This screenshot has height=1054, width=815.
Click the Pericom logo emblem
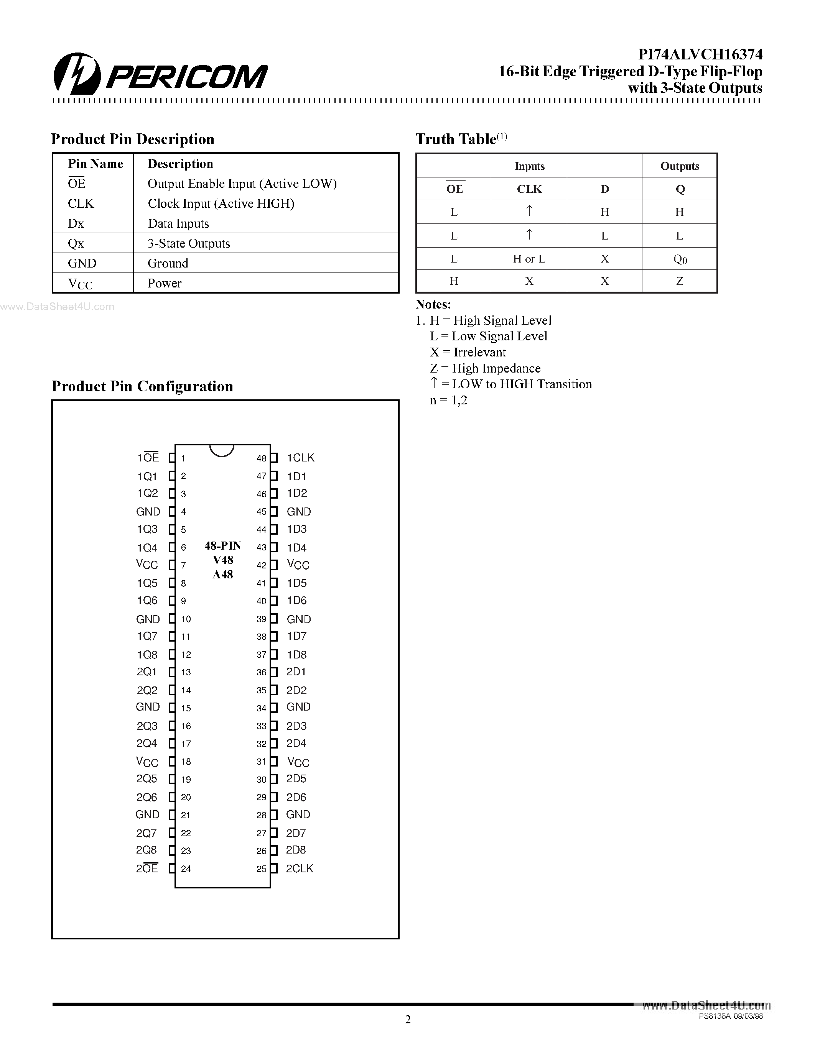tap(77, 73)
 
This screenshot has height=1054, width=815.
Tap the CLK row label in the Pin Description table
tap(81, 204)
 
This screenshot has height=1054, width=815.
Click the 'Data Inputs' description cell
tap(178, 223)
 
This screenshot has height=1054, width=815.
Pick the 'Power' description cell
tap(165, 283)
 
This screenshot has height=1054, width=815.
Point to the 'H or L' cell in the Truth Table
tap(529, 259)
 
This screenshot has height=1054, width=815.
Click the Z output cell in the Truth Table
tap(680, 281)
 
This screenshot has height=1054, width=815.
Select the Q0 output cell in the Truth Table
tap(680, 259)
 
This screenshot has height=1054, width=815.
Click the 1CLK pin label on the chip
tap(300, 458)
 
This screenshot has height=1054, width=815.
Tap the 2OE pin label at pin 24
tap(147, 868)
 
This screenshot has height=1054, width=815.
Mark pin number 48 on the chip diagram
tap(261, 458)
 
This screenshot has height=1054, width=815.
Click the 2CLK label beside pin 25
tap(300, 868)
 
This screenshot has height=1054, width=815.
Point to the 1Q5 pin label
tap(147, 583)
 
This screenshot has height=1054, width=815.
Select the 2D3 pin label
tap(296, 726)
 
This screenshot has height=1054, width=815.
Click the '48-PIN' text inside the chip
tap(222, 546)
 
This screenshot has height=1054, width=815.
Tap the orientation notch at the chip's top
tap(222, 450)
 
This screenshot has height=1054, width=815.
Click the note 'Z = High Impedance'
tap(485, 368)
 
